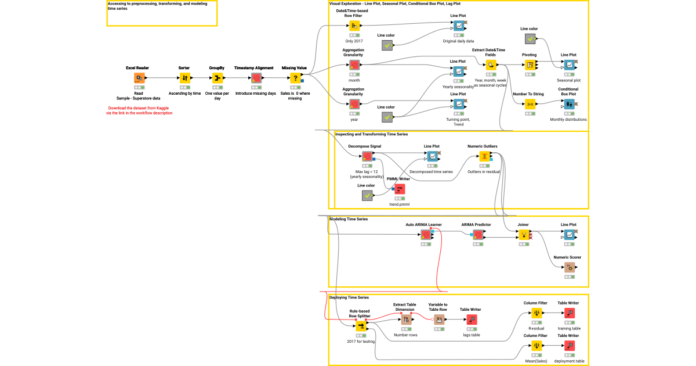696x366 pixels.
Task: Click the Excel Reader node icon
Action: [139, 78]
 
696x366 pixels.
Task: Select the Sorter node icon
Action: [185, 78]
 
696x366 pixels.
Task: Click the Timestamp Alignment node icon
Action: [256, 78]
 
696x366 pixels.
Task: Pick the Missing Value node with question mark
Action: [294, 78]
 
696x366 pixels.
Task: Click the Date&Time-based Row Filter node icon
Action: [354, 26]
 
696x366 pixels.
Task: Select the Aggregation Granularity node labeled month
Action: [354, 65]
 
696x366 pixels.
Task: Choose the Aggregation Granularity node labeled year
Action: [354, 104]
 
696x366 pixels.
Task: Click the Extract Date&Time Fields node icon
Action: [491, 65]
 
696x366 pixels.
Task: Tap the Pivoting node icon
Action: [530, 65]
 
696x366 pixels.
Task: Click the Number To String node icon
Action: [530, 104]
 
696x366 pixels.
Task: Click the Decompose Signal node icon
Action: [367, 156]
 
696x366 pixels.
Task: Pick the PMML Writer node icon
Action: [399, 189]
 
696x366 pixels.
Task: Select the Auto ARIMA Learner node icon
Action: [426, 235]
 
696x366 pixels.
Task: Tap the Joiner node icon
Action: [524, 235]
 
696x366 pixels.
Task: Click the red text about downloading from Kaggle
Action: [139, 110]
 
